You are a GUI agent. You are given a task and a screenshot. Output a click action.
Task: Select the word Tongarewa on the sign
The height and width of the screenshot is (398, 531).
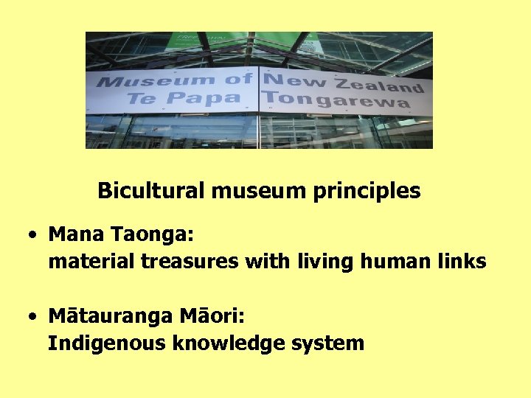pos(336,99)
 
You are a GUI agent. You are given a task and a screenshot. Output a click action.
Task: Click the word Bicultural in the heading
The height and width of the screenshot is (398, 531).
pos(152,192)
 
